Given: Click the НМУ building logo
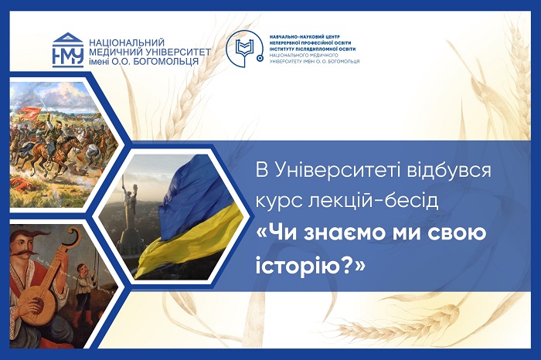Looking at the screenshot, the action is click(x=68, y=49).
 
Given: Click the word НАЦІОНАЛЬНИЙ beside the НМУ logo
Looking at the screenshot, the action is click(x=127, y=42).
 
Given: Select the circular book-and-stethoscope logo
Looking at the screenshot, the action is click(x=244, y=49).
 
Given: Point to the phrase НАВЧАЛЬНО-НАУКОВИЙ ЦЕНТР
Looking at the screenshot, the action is click(x=305, y=36).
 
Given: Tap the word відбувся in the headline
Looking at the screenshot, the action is click(x=448, y=171).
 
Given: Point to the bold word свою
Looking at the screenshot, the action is click(x=458, y=233).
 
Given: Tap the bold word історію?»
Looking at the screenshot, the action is click(x=310, y=266).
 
